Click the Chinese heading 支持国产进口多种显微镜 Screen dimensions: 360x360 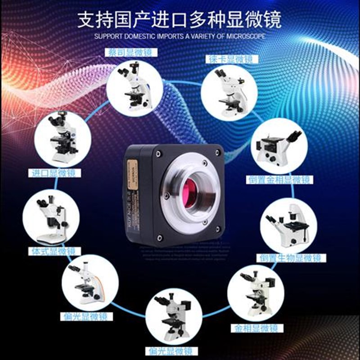point(180,19)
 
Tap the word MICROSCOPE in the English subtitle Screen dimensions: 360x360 point(246,36)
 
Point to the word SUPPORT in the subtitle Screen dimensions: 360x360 point(107,36)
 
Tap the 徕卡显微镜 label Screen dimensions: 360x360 point(226,59)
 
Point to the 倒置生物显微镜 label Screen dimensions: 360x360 point(290,258)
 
